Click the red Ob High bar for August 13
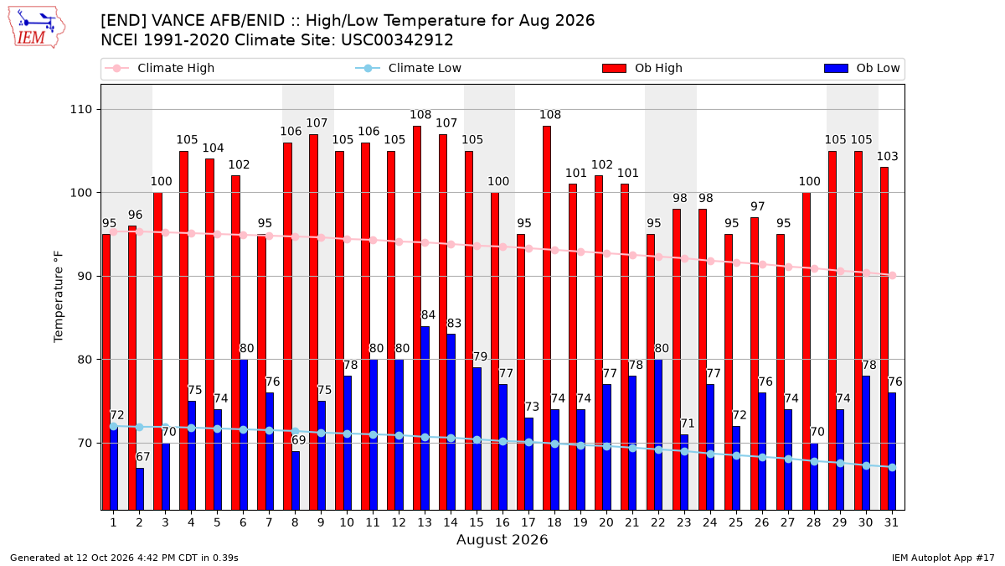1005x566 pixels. click(417, 318)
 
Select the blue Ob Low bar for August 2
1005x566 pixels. click(140, 489)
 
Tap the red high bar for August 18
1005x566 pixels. click(546, 318)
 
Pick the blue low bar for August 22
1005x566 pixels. click(658, 435)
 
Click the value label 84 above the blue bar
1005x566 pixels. click(428, 315)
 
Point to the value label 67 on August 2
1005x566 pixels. click(142, 457)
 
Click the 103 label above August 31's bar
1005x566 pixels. click(888, 156)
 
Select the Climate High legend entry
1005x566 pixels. click(160, 68)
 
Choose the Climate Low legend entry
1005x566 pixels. click(409, 68)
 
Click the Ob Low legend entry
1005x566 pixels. click(862, 68)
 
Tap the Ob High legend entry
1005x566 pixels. click(642, 68)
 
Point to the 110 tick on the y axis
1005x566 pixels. click(80, 110)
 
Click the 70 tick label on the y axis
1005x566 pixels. click(85, 444)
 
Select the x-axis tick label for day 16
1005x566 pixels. click(502, 522)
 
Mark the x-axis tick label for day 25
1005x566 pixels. click(736, 522)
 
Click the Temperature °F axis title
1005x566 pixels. click(59, 297)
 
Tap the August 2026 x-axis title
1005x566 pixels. click(502, 539)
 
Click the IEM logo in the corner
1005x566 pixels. click(37, 28)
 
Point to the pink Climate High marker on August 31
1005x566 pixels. click(893, 275)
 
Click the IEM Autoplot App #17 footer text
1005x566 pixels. click(943, 558)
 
